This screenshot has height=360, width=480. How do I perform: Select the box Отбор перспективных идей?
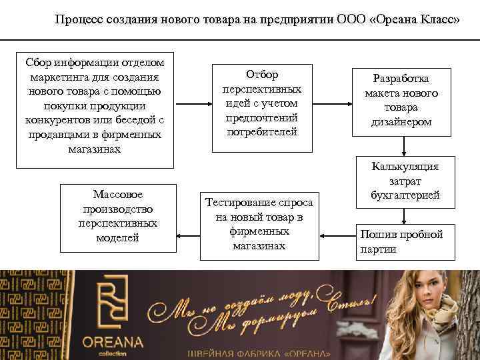(x=261, y=103)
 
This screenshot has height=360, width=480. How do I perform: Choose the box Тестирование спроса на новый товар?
(x=259, y=223)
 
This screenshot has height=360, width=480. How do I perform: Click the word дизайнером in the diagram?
(x=401, y=123)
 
